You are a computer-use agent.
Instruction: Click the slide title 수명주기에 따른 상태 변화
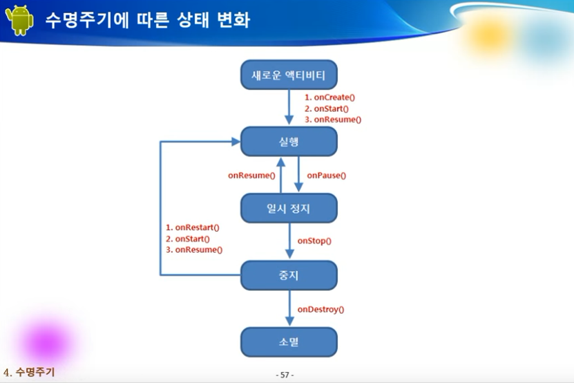(x=147, y=19)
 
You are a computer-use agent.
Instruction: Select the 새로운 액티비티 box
(x=289, y=74)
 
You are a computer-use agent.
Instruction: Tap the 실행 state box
(x=289, y=141)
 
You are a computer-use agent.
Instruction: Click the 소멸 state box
(x=289, y=342)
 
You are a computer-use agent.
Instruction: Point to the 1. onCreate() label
(x=329, y=97)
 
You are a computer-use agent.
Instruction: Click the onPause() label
(x=326, y=176)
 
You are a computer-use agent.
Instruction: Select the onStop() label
(x=314, y=241)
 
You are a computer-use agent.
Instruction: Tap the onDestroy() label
(x=321, y=309)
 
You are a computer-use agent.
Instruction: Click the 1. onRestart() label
(x=193, y=227)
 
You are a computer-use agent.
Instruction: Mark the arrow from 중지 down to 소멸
(x=289, y=308)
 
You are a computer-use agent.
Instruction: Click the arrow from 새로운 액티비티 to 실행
(x=289, y=107)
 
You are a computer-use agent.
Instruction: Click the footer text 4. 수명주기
(x=29, y=371)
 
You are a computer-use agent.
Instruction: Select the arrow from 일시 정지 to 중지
(x=289, y=241)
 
